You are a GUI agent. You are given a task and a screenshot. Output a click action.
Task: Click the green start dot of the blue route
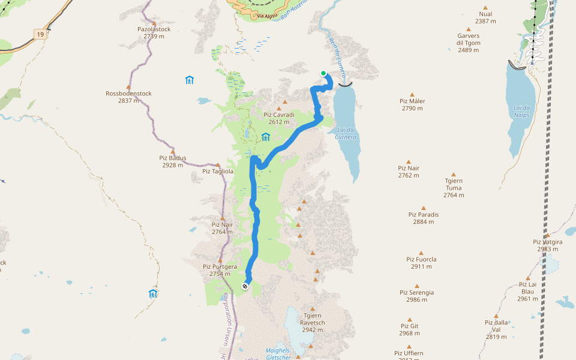pos(323,73)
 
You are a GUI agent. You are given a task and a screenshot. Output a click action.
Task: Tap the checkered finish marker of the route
pos(245,286)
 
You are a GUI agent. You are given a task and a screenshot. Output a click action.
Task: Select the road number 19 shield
pos(40,35)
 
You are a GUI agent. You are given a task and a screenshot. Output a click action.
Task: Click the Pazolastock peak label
pos(154,29)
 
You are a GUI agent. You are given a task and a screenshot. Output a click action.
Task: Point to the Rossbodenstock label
pos(128,94)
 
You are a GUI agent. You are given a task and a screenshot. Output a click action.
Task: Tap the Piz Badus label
pos(173,158)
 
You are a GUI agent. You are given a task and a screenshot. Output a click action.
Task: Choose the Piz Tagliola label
pos(218,171)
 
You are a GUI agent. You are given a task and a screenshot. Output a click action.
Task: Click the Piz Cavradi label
pos(279,115)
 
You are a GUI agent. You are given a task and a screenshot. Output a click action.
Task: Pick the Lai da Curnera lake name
pos(346,133)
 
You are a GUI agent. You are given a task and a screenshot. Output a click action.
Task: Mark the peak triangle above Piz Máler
pos(412,94)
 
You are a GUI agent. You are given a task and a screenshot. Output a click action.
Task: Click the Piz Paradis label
pos(424,214)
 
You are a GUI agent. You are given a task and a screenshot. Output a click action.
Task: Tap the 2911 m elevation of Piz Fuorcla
pos(422,267)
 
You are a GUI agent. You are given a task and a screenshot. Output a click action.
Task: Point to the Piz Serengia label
pos(416,292)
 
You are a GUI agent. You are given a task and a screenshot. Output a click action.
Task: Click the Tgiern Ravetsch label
pos(313,316)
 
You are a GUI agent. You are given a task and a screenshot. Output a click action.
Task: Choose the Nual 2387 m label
pos(485,14)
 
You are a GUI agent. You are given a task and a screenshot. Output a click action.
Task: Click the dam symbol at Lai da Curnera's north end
pos(345,85)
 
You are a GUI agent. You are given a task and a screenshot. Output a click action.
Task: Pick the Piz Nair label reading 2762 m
pos(409,169)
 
